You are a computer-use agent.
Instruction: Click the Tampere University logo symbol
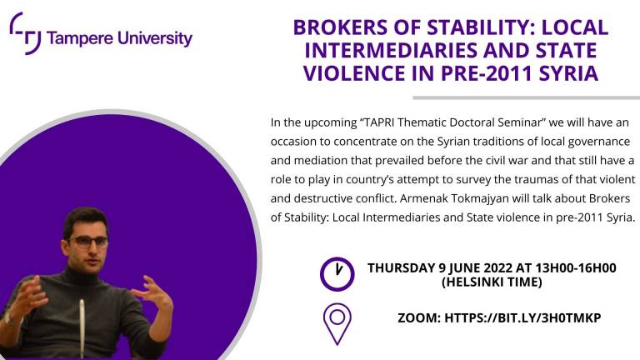coord(25,33)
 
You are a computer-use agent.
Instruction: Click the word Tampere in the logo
coord(80,39)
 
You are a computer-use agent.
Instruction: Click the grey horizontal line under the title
coord(526,97)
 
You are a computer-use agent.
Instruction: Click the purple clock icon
coord(337,274)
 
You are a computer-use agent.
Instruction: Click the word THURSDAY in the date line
coord(402,268)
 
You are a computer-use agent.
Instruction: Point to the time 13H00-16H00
coord(576,268)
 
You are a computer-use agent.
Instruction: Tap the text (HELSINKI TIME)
coord(492,282)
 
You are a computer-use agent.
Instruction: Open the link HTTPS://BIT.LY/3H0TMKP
coord(522,318)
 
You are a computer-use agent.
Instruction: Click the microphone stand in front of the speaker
coord(82,328)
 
